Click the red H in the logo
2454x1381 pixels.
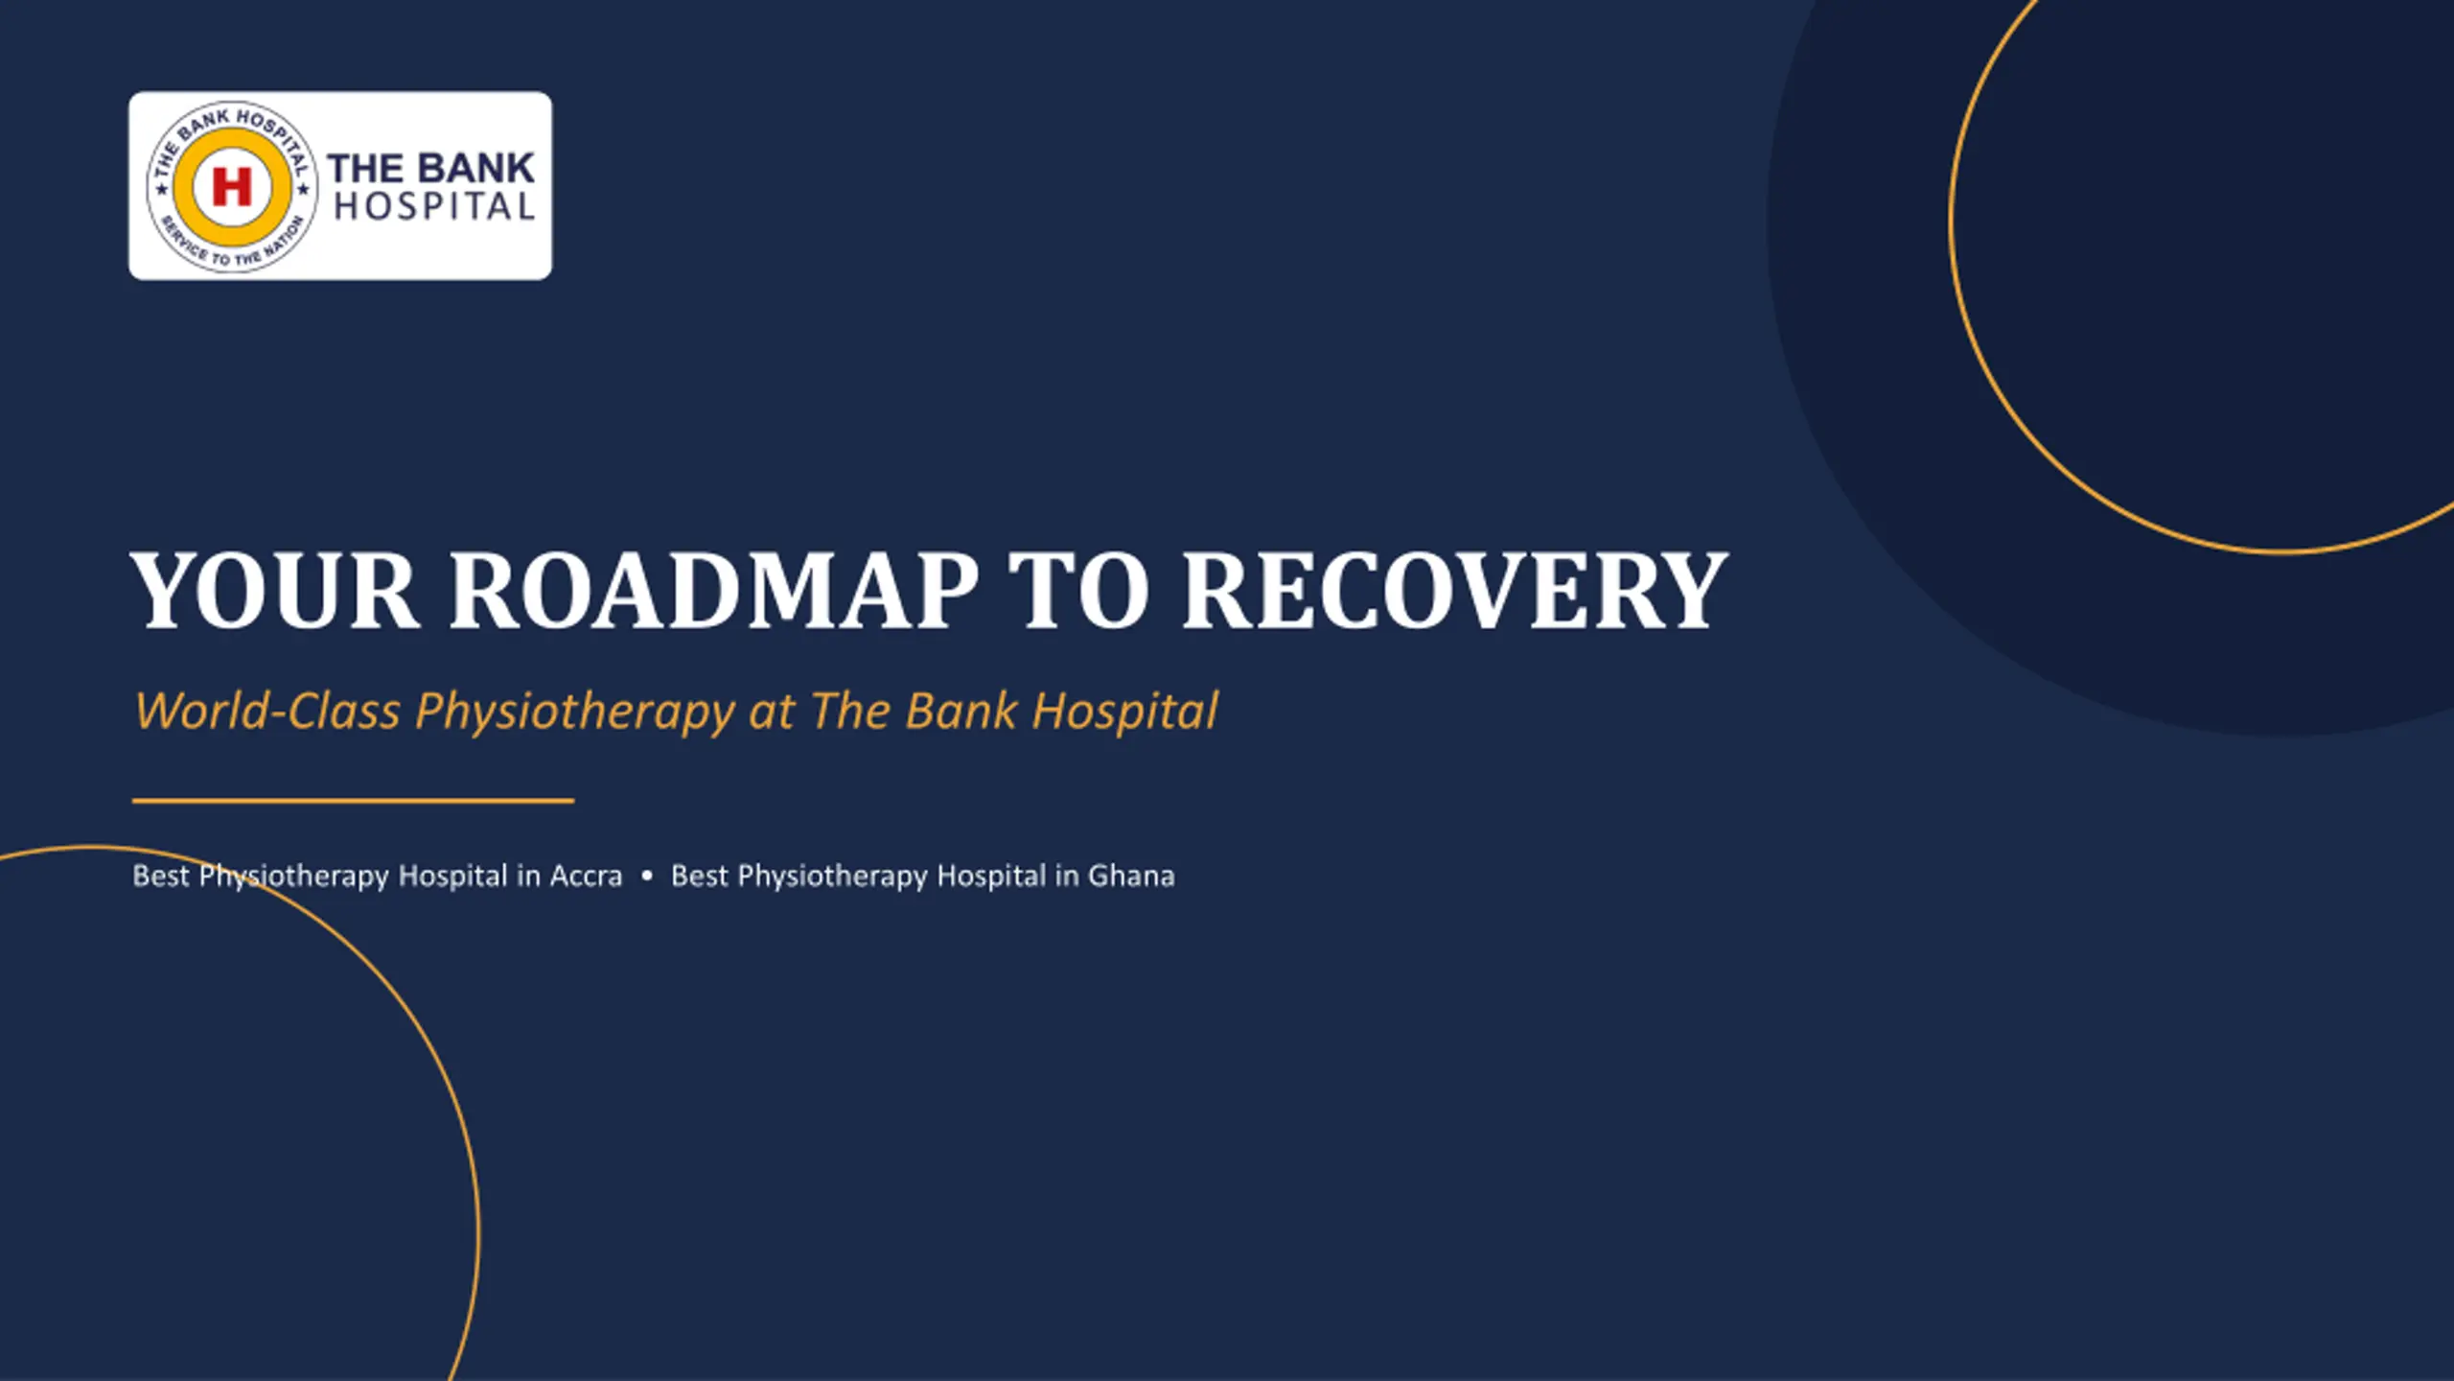pyautogui.click(x=231, y=186)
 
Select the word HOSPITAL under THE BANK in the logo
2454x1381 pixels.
pyautogui.click(x=434, y=207)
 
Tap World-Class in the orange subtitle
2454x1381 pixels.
pyautogui.click(x=267, y=711)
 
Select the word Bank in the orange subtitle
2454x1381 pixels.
pyautogui.click(x=961, y=711)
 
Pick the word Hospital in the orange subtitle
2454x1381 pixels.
pyautogui.click(x=1124, y=713)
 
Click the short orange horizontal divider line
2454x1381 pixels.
pyautogui.click(x=353, y=800)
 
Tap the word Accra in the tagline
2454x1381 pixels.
pyautogui.click(x=586, y=877)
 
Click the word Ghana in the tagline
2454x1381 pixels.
pyautogui.click(x=1131, y=877)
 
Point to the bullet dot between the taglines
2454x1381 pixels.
pyautogui.click(x=647, y=876)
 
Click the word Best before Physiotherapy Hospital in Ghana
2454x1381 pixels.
pyautogui.click(x=700, y=877)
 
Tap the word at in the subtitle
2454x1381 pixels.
pyautogui.click(x=772, y=713)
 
